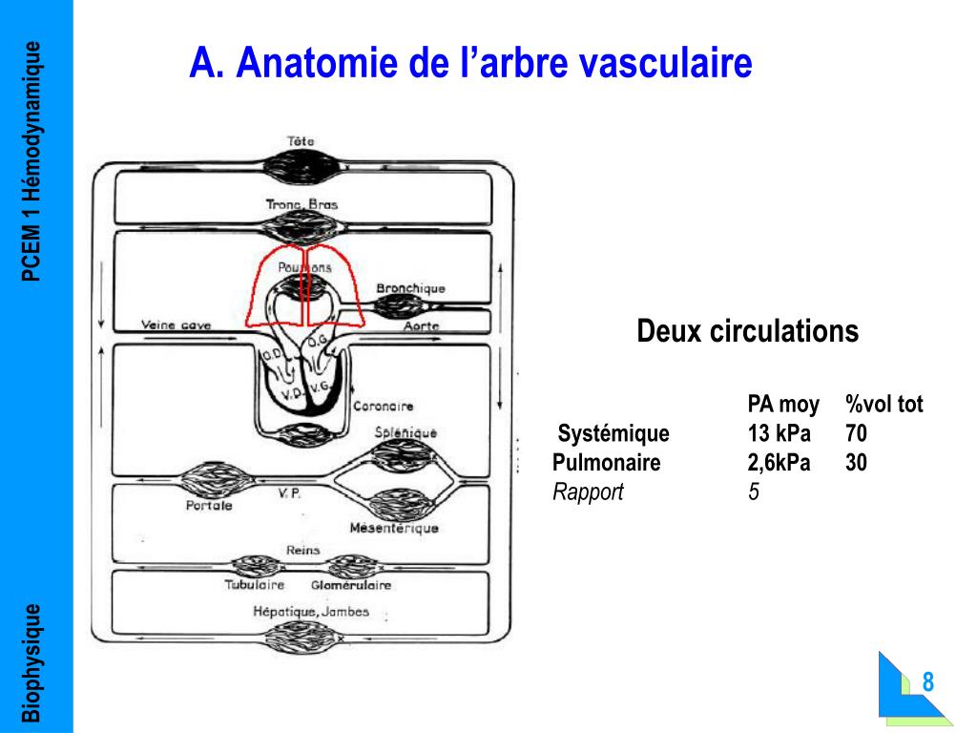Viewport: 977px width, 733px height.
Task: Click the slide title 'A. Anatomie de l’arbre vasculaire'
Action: pos(470,64)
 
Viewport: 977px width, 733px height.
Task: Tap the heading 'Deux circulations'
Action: pos(747,331)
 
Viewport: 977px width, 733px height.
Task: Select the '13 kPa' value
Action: pos(779,434)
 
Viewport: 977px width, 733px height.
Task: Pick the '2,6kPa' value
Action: pos(779,463)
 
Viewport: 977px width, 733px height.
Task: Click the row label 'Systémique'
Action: pos(613,434)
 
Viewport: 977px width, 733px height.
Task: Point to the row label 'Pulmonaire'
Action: pos(606,463)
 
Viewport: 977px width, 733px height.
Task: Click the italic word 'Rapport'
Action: pos(588,492)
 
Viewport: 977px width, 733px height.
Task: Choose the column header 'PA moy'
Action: pos(782,405)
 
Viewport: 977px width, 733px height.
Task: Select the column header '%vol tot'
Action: pos(883,405)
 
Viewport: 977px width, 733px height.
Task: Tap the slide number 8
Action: pos(927,683)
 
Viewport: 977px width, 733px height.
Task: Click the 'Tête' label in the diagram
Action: pos(301,141)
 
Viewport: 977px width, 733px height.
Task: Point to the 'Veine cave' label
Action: pos(176,325)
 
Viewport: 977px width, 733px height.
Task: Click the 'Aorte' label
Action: pos(421,325)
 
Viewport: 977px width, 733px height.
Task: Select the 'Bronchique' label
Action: pos(410,288)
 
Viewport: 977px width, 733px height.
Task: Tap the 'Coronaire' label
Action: pos(384,407)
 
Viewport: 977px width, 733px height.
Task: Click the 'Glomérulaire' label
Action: pos(350,585)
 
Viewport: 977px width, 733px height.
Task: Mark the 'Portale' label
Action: pos(208,506)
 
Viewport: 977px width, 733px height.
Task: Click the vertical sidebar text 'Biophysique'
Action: pos(33,661)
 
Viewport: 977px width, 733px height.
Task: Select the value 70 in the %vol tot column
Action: pos(856,434)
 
